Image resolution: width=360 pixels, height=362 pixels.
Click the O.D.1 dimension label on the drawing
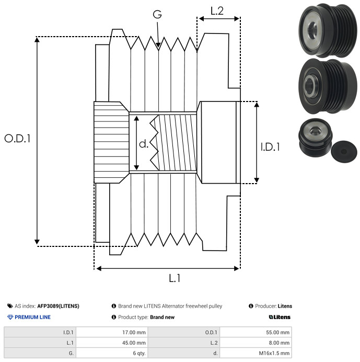click(17, 139)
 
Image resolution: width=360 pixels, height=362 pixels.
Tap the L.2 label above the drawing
click(217, 11)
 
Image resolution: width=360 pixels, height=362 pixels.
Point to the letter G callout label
click(157, 14)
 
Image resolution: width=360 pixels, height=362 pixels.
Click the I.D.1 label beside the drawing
click(270, 147)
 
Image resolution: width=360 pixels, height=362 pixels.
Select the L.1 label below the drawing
click(175, 278)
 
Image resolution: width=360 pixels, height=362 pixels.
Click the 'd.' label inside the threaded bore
click(144, 144)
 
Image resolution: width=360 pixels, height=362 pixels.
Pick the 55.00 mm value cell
click(256, 333)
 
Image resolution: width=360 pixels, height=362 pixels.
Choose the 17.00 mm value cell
click(112, 333)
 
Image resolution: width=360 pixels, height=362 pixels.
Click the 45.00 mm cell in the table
click(112, 343)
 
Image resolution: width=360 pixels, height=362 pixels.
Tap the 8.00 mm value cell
click(256, 343)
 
